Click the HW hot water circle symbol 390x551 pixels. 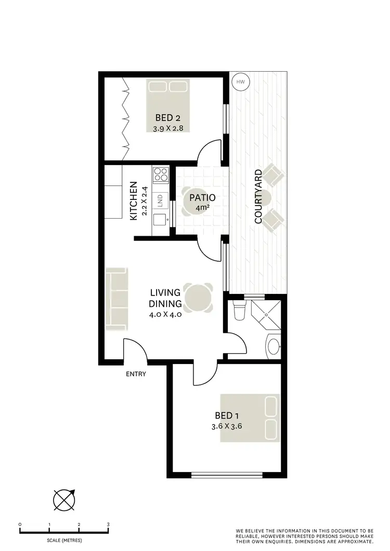click(240, 82)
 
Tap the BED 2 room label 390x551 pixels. click(167, 117)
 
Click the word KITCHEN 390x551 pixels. click(134, 200)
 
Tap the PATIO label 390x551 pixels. click(202, 198)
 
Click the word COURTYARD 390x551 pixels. click(258, 196)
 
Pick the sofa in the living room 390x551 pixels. click(116, 299)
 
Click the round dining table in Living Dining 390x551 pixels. click(198, 298)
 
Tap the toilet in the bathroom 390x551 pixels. click(240, 312)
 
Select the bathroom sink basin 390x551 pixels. click(273, 345)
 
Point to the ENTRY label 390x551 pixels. click(136, 374)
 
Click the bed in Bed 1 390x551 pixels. click(250, 418)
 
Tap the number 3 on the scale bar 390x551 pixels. click(108, 525)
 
